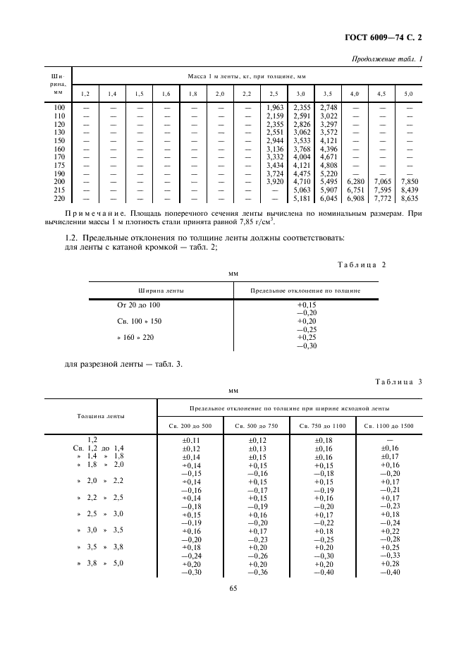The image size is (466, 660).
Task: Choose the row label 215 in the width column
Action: tap(59, 190)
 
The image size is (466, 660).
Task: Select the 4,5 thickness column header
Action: tap(381, 93)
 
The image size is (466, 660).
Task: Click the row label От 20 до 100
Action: tap(138, 305)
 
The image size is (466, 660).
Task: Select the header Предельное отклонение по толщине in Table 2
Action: tap(305, 290)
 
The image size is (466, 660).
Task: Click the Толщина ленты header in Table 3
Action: tap(101, 416)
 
